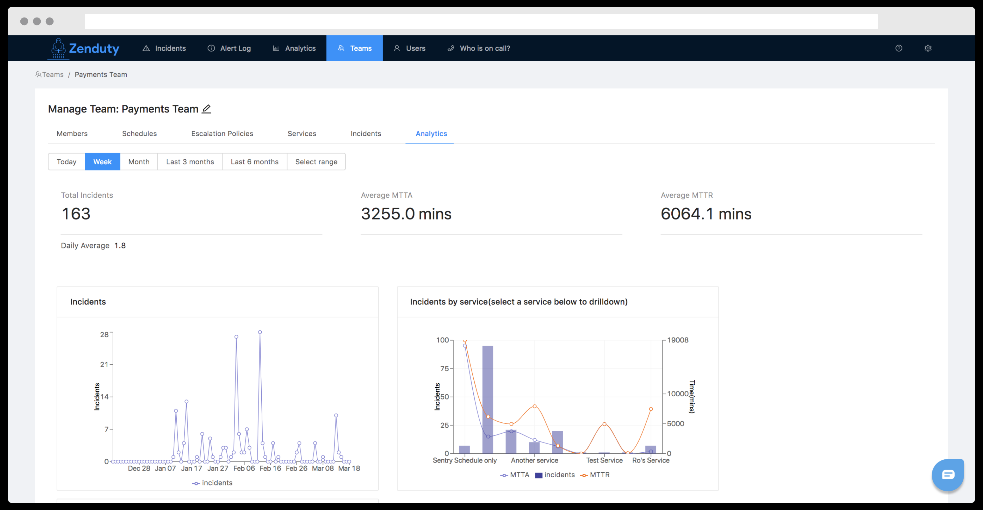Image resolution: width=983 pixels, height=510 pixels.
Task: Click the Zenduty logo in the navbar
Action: pyautogui.click(x=84, y=48)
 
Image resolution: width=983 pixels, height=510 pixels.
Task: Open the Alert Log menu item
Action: pyautogui.click(x=229, y=48)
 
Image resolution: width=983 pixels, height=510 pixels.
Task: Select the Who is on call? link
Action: pyautogui.click(x=478, y=48)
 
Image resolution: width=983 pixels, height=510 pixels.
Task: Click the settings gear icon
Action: pyautogui.click(x=928, y=48)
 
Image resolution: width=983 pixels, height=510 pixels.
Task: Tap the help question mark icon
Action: pyautogui.click(x=899, y=48)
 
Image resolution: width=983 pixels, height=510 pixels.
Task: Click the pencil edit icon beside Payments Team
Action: pyautogui.click(x=207, y=109)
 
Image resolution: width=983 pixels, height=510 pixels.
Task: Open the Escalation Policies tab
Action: pyautogui.click(x=222, y=133)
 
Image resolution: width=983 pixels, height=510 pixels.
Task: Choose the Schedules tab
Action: pyautogui.click(x=139, y=133)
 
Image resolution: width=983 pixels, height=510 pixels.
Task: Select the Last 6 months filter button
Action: pyautogui.click(x=255, y=162)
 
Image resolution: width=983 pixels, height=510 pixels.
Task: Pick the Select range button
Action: pyautogui.click(x=316, y=162)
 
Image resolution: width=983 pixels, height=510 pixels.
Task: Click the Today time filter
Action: pyautogui.click(x=67, y=162)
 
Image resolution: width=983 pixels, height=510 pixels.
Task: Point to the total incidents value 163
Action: pyautogui.click(x=76, y=214)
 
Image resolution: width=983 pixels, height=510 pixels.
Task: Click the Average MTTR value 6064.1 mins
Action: pyautogui.click(x=706, y=214)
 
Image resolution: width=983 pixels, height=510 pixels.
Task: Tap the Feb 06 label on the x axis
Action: pyautogui.click(x=244, y=468)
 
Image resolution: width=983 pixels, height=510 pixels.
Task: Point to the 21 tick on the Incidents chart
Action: pyautogui.click(x=104, y=364)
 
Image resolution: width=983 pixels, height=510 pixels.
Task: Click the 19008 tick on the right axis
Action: pyautogui.click(x=678, y=340)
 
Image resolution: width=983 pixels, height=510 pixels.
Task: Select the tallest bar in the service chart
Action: pyautogui.click(x=488, y=400)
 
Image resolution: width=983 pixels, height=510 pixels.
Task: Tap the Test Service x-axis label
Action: pyautogui.click(x=605, y=460)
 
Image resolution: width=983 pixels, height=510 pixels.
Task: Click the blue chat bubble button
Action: pyautogui.click(x=948, y=475)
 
